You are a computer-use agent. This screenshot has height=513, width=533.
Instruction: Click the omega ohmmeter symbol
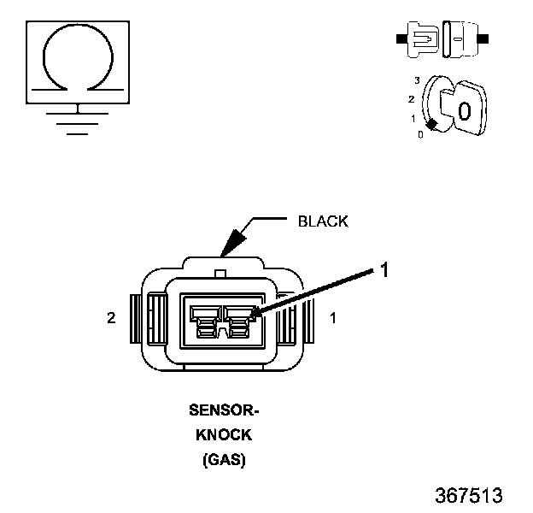[x=78, y=59]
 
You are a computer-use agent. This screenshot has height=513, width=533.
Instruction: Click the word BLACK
[x=322, y=221]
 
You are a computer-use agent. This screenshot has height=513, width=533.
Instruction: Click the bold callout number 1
[x=384, y=270]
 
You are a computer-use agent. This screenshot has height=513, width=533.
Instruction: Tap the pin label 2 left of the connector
[x=111, y=318]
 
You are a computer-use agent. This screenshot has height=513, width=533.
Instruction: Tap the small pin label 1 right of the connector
[x=333, y=318]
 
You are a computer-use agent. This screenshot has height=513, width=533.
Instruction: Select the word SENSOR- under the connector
[x=223, y=410]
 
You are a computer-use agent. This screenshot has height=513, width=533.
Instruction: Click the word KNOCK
[x=224, y=435]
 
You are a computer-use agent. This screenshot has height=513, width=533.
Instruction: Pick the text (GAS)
[x=224, y=460]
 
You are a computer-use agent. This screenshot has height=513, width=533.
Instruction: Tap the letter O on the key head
[x=464, y=111]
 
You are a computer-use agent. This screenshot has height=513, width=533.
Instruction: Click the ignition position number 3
[x=416, y=80]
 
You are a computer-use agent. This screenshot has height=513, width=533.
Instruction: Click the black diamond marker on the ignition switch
[x=432, y=125]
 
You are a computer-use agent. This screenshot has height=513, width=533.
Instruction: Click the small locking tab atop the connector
[x=221, y=274]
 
